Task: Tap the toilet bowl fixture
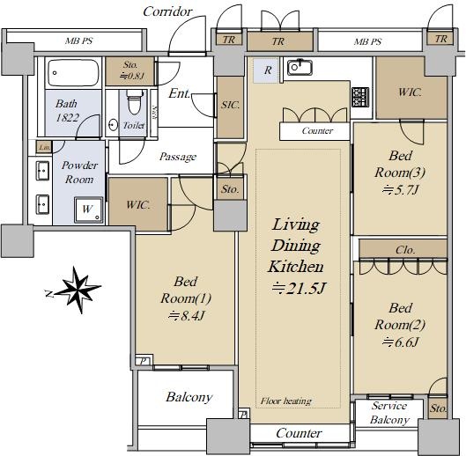(134, 102)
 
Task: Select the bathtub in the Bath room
(73, 73)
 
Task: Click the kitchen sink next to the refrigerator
(300, 67)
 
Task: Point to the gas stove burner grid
(360, 97)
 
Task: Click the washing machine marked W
(89, 210)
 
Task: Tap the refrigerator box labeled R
(266, 70)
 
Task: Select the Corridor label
(167, 11)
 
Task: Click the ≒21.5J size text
(299, 288)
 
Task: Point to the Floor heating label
(286, 401)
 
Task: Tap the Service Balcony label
(389, 413)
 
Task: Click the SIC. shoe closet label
(230, 105)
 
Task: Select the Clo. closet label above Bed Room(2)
(405, 250)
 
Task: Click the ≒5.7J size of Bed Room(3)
(400, 190)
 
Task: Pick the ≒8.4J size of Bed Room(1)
(187, 316)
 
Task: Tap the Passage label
(178, 157)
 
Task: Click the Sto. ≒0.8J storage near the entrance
(130, 70)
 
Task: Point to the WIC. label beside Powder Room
(137, 205)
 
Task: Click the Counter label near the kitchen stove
(317, 130)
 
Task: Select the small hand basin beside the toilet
(113, 125)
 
